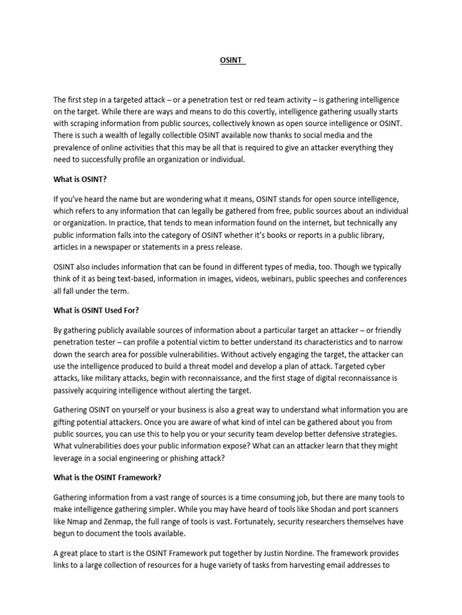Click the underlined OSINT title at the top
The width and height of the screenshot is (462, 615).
click(230, 61)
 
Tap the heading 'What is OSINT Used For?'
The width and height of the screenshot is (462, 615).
click(96, 311)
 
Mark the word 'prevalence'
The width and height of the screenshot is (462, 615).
click(74, 148)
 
